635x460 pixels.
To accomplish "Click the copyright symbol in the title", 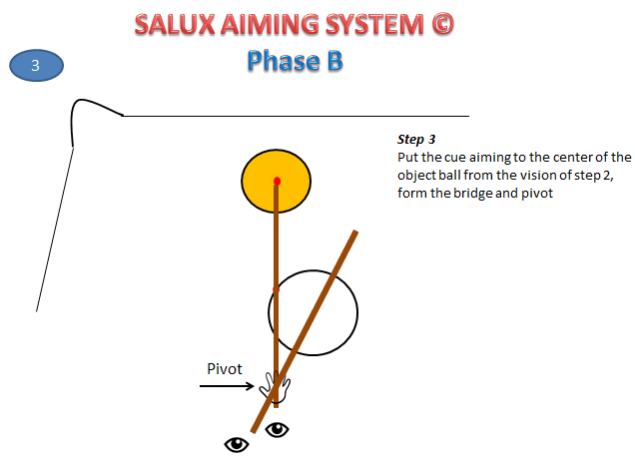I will pos(439,24).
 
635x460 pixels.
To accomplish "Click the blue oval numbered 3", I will pos(37,66).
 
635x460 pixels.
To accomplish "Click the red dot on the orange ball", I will pos(278,181).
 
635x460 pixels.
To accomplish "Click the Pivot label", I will pos(225,368).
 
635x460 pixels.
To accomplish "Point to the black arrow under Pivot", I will pos(226,385).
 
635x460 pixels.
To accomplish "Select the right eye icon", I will pos(276,430).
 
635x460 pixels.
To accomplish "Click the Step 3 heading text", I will pos(416,141).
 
